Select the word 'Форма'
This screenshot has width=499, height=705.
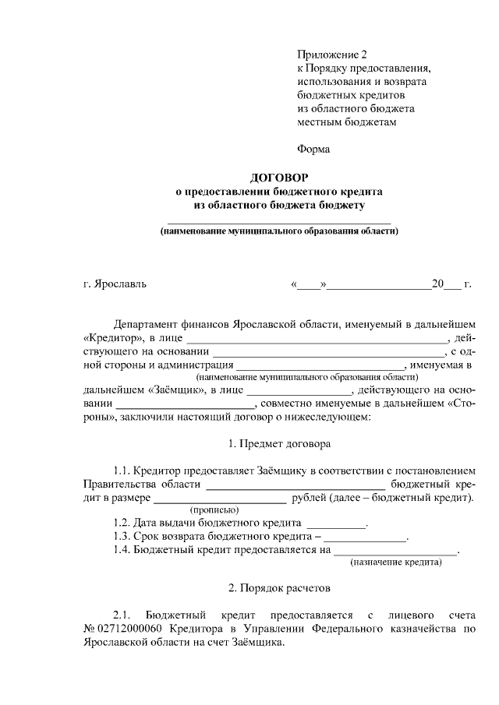coord(313,149)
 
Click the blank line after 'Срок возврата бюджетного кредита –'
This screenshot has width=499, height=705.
coord(366,538)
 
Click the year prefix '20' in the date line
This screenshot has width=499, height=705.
coord(437,284)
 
